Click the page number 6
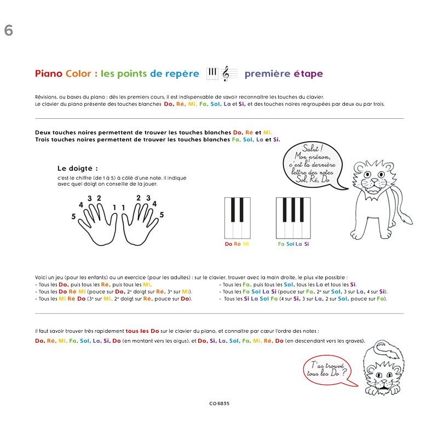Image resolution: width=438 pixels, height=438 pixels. tap(8, 31)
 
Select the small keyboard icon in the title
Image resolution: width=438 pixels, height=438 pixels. tap(212, 73)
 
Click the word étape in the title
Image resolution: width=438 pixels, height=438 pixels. tap(308, 74)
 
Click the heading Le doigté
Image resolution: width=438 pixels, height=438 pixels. tap(77, 168)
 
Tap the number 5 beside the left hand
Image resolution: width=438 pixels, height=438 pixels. tap(73, 217)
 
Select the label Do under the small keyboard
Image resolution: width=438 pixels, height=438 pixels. tap(228, 244)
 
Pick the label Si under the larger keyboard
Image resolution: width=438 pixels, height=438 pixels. tap(307, 244)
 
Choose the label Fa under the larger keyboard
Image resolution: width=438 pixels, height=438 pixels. tap(281, 244)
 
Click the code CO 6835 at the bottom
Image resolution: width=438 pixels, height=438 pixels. tap(218, 404)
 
